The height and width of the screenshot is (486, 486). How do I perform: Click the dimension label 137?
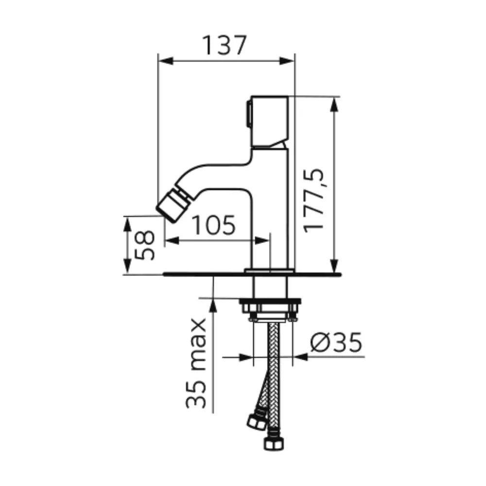[x=225, y=45]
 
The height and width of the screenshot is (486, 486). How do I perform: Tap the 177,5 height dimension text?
[x=313, y=201]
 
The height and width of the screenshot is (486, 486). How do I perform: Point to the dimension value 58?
[x=144, y=245]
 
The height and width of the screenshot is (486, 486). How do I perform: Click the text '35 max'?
[x=196, y=363]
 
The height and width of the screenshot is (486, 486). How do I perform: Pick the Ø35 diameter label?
[x=336, y=342]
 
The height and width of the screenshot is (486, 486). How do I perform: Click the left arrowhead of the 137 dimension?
[x=166, y=61]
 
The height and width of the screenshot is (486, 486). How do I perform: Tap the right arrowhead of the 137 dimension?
[x=287, y=61]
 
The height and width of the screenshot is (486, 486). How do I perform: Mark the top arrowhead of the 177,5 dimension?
[x=334, y=104]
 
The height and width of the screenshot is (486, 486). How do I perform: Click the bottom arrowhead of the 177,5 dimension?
[x=334, y=266]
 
